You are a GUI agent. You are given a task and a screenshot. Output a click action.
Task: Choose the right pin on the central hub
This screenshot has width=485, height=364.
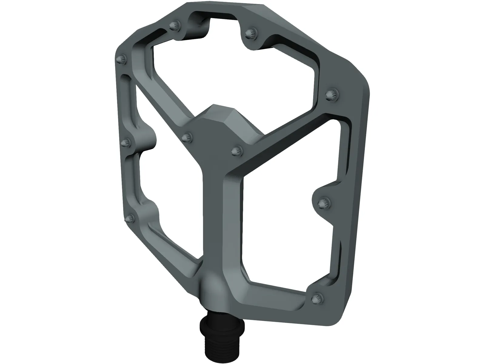237,150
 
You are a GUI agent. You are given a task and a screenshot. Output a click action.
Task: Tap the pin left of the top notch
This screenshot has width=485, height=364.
175,26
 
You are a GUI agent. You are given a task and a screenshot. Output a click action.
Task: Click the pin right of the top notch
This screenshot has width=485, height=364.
250,33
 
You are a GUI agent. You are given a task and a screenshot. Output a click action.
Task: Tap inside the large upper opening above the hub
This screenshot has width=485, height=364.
236,76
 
